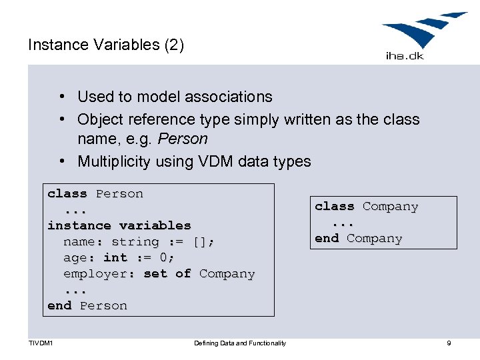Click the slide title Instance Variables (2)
(x=106, y=45)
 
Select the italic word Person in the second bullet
(x=189, y=139)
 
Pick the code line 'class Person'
(x=95, y=194)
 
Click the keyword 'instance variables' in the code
(x=119, y=225)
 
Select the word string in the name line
(x=135, y=241)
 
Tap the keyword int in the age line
(x=115, y=257)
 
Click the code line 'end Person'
(x=87, y=305)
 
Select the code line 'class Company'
(x=366, y=207)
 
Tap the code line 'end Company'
(x=358, y=239)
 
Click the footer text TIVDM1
(x=41, y=343)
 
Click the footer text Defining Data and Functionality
(x=240, y=343)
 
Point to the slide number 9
(x=449, y=343)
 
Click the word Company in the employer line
(x=227, y=273)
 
